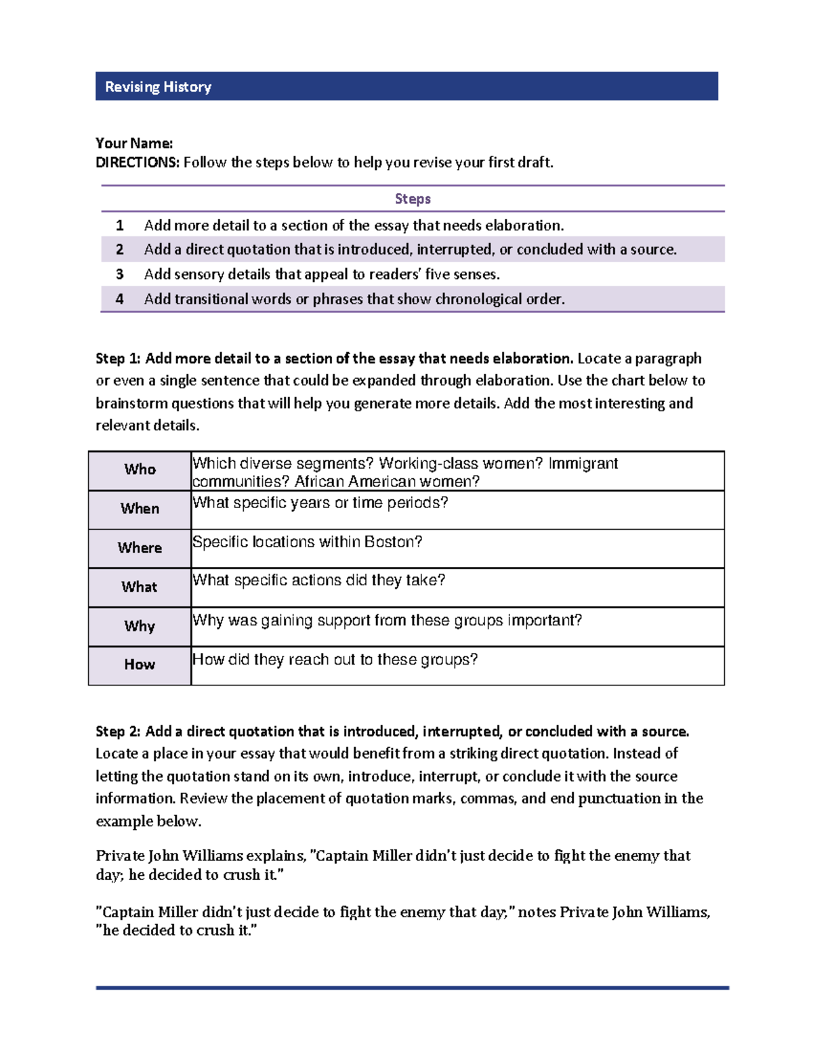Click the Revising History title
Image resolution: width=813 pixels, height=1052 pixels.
(158, 87)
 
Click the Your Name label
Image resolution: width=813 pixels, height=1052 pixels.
(134, 143)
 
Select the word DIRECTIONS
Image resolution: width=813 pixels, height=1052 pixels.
(137, 163)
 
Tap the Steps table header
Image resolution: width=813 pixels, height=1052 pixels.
(413, 198)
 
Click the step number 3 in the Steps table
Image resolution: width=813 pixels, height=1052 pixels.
(120, 274)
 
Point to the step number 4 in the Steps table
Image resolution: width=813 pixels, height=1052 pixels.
(120, 299)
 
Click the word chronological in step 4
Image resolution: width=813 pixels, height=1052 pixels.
(487, 299)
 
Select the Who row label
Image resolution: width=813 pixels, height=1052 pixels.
(140, 469)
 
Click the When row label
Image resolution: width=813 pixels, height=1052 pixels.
(140, 509)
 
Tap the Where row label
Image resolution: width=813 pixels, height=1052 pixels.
(140, 548)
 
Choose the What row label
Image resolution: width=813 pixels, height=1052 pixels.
(140, 587)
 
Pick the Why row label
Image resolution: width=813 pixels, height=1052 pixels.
(140, 626)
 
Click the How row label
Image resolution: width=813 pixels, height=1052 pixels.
(140, 665)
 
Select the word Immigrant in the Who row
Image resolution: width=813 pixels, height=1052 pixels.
(583, 463)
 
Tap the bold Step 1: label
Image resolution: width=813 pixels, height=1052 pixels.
(118, 358)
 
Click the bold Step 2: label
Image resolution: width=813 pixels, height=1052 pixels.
(118, 732)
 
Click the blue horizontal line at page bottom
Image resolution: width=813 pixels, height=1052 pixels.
(412, 988)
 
